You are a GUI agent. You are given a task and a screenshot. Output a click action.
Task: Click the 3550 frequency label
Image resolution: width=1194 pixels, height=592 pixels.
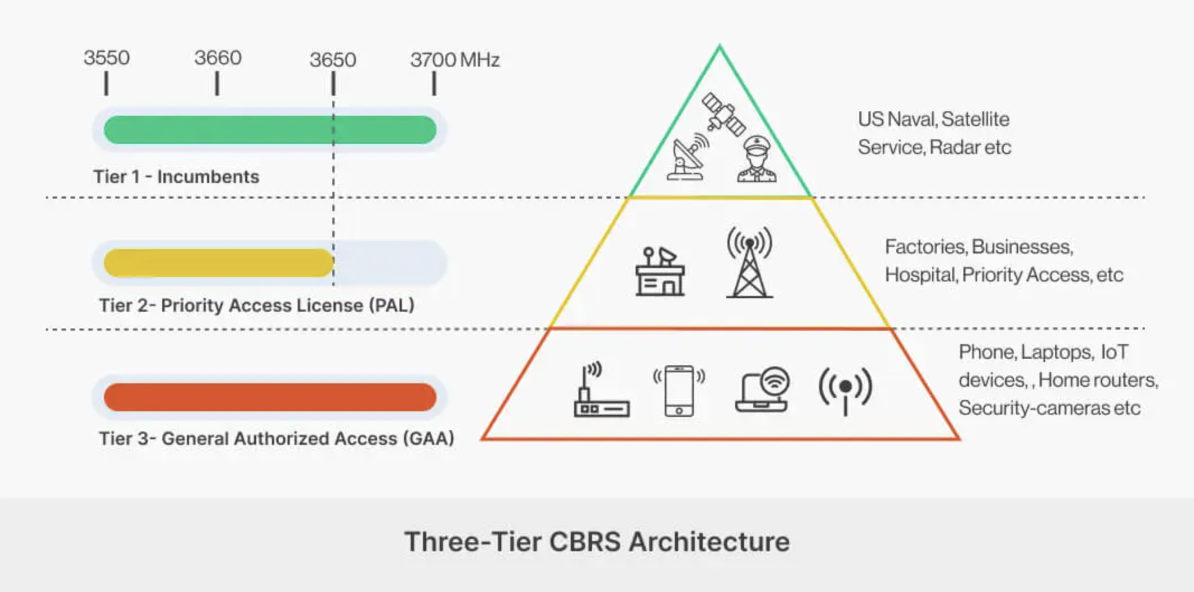pos(106,58)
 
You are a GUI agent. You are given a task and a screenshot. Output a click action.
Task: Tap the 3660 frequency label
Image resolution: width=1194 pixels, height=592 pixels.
pos(218,58)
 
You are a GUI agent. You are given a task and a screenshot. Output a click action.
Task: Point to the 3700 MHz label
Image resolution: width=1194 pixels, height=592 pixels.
pos(454,60)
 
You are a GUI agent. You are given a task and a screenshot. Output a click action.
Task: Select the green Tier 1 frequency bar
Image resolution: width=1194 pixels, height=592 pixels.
pos(270,130)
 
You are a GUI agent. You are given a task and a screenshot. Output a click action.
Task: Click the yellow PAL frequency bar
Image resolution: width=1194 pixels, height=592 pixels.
pos(218,263)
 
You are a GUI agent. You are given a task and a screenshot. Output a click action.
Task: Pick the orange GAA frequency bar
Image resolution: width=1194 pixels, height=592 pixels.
pos(270,397)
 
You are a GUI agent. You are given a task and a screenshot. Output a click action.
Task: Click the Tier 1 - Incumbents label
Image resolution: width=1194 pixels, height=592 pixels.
pos(176,177)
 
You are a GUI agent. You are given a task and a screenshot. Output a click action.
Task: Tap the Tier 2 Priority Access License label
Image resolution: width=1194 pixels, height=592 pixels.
pos(257,306)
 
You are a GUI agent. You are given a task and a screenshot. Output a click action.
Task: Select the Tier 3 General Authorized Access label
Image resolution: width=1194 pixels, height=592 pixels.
pos(276,439)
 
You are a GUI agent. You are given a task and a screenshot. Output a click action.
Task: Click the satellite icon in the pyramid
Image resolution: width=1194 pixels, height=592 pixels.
pos(723,114)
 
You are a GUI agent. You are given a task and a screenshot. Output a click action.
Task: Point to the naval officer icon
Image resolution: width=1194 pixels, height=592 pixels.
pos(756,159)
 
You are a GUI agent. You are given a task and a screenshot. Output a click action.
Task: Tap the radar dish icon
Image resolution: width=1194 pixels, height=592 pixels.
pos(688,157)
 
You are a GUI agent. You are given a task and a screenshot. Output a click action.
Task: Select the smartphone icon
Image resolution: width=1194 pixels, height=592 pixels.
pos(679,391)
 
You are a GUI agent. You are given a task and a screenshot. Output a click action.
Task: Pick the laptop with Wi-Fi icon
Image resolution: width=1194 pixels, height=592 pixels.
pos(763,390)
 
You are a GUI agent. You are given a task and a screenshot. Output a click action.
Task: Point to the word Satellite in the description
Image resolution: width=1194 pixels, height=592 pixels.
pos(975,119)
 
